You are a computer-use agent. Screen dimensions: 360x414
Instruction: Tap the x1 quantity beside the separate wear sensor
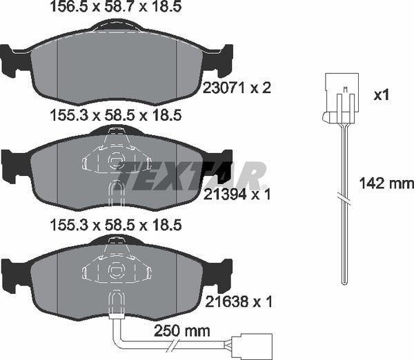[x=381, y=95]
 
